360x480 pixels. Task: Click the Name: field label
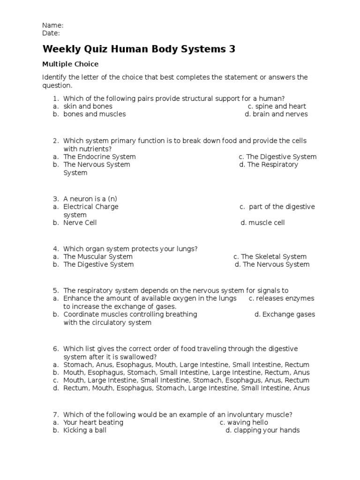(52, 25)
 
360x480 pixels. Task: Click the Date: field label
(51, 33)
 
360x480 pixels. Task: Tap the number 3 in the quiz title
(231, 49)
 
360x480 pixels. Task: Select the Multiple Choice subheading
(70, 64)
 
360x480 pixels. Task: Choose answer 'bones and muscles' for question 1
(94, 114)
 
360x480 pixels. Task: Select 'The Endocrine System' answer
(99, 157)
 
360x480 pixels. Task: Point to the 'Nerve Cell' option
(80, 223)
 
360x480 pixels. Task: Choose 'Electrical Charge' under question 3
(91, 207)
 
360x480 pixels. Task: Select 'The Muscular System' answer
(97, 256)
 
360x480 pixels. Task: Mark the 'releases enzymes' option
(281, 299)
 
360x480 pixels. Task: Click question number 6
(55, 349)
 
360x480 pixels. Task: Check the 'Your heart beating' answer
(93, 422)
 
